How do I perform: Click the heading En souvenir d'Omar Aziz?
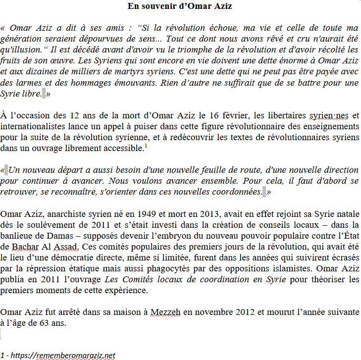pos(180,6)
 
